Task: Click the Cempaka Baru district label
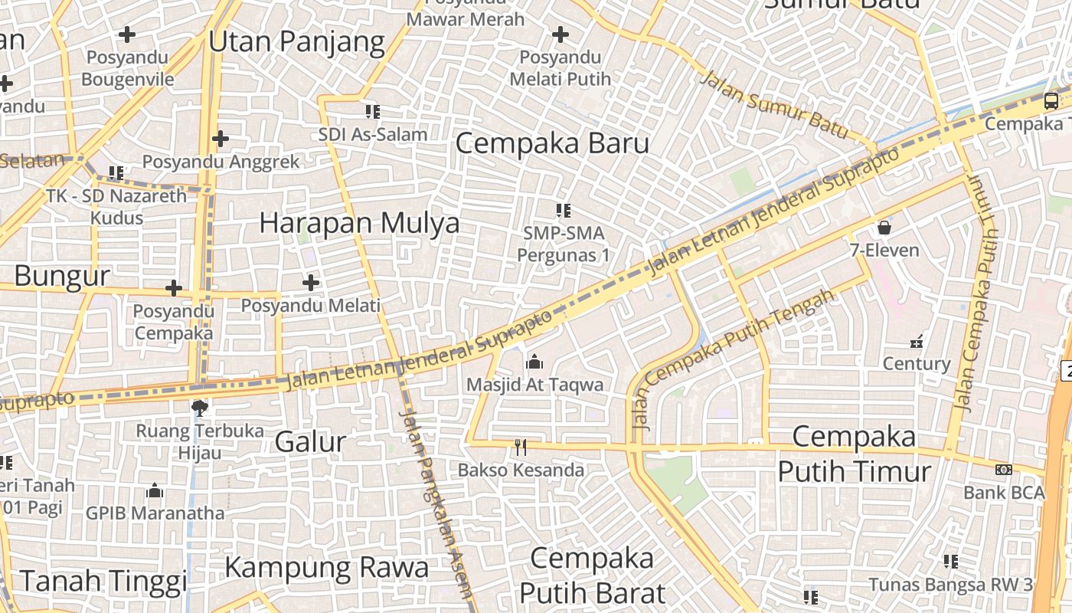click(552, 143)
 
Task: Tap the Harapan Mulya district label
click(359, 223)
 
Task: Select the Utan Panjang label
click(296, 41)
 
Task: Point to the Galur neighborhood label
click(310, 442)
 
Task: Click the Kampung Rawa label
click(326, 568)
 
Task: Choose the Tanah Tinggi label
click(103, 581)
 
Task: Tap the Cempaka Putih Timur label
click(854, 453)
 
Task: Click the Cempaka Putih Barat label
click(591, 575)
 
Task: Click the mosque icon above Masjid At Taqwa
click(534, 361)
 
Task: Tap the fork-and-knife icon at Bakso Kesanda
click(521, 447)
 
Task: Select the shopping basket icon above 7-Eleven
click(884, 227)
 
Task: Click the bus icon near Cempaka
click(1051, 100)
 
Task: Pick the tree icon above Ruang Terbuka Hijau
click(200, 407)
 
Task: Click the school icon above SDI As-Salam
click(373, 112)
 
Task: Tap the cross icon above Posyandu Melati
click(310, 283)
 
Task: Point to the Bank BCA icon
click(1003, 469)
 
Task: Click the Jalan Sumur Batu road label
click(776, 105)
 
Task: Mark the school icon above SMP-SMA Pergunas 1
click(564, 210)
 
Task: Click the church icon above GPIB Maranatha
click(155, 490)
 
